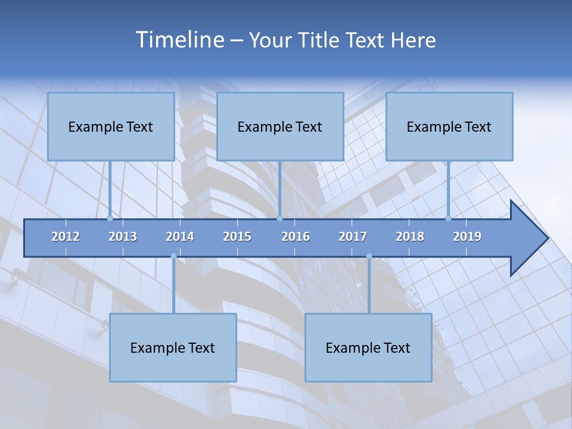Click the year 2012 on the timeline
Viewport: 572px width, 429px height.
(x=66, y=237)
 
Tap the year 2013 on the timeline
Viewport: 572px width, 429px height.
(x=123, y=237)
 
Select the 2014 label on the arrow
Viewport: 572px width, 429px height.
(x=180, y=237)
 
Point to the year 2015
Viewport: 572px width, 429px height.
(x=237, y=237)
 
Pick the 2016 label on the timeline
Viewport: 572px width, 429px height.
(x=296, y=237)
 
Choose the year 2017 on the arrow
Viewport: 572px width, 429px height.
(x=353, y=237)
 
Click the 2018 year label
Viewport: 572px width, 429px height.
(x=410, y=237)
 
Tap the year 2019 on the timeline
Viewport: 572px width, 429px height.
(x=467, y=237)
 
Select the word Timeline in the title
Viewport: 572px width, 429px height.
(x=179, y=40)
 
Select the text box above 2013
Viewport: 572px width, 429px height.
(x=111, y=126)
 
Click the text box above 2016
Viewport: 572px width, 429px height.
(x=280, y=126)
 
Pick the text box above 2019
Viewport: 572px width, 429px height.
(x=449, y=126)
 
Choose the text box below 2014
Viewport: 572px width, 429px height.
(x=173, y=347)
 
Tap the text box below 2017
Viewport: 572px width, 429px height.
(x=368, y=347)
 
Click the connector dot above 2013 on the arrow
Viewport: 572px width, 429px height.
(x=110, y=218)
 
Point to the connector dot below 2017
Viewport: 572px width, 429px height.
(x=369, y=257)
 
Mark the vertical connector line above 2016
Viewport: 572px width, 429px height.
(x=279, y=188)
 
